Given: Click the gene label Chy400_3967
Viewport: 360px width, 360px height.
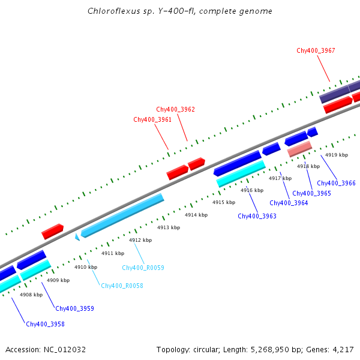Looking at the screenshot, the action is (316, 50).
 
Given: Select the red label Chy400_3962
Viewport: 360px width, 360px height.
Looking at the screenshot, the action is (175, 109).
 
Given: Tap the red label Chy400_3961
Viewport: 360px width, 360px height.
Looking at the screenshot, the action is (152, 119).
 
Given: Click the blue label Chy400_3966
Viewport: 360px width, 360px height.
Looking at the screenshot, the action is (336, 183).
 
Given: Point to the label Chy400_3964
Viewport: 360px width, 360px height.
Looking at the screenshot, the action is (289, 203).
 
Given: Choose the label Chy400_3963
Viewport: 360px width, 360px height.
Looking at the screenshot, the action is (257, 216).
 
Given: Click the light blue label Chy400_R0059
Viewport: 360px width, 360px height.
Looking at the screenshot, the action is (143, 268).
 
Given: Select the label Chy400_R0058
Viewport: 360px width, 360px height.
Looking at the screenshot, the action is (122, 286).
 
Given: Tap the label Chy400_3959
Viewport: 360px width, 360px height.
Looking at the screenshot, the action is (74, 308).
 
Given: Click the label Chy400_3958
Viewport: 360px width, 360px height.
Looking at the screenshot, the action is (45, 324).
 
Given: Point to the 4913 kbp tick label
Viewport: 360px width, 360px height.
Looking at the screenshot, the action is (169, 227).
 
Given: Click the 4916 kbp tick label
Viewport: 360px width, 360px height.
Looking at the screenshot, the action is (252, 190).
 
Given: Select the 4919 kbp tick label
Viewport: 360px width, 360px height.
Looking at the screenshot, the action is (337, 155).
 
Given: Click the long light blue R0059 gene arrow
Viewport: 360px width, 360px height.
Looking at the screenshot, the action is (122, 214).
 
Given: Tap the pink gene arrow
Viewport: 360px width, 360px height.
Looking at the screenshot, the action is (299, 149).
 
